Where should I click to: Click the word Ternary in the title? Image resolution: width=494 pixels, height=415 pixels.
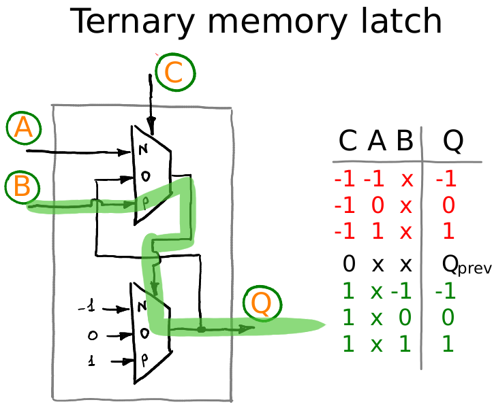click(x=132, y=21)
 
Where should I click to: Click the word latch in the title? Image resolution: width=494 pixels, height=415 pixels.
click(x=401, y=20)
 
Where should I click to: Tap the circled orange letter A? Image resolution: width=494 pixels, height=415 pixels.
click(x=24, y=128)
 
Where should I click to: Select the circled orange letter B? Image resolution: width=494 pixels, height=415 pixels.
click(x=22, y=186)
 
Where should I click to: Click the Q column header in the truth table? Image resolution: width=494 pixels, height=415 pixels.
click(x=453, y=141)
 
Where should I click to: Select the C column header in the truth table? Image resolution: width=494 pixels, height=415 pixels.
click(x=348, y=140)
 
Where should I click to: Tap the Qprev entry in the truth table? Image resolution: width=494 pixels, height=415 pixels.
click(x=467, y=265)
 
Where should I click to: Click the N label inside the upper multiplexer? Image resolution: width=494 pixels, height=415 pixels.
click(x=143, y=149)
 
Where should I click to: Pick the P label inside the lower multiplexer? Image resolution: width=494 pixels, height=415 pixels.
click(x=144, y=360)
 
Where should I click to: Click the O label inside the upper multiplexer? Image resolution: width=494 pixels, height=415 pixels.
click(x=145, y=176)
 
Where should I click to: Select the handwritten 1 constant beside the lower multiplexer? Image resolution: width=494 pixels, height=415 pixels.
click(x=91, y=361)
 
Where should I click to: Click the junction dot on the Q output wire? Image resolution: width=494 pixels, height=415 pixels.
click(x=201, y=329)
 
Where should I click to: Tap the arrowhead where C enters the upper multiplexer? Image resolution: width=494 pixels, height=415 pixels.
click(x=151, y=126)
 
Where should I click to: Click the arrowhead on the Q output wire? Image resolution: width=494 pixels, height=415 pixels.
click(x=247, y=329)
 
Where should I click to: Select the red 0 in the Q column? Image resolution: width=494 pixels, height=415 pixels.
click(x=448, y=205)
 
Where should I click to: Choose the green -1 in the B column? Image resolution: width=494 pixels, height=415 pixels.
click(x=401, y=290)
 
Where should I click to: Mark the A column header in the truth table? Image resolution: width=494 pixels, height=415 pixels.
click(x=377, y=140)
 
